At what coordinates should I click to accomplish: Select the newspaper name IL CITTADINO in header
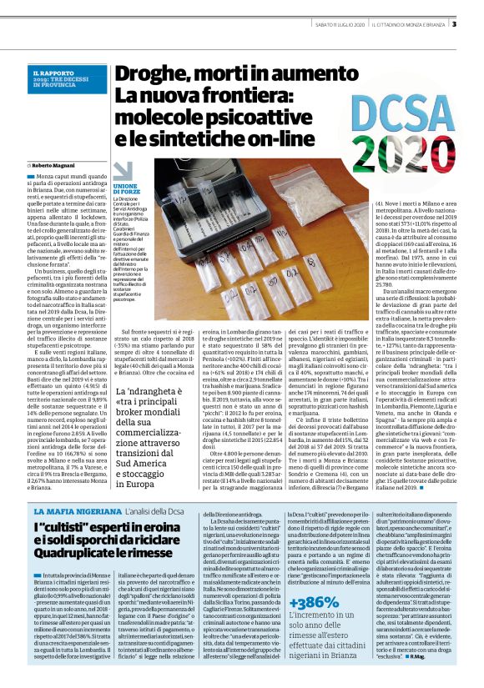click(390, 23)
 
